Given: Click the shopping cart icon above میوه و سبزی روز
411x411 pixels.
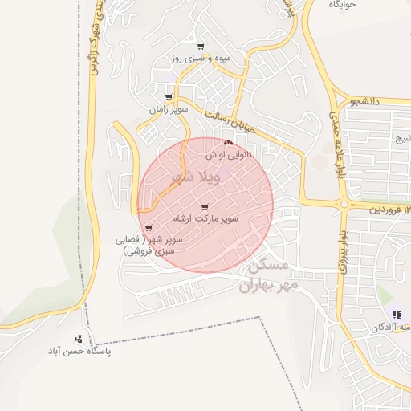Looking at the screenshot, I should pos(201,46).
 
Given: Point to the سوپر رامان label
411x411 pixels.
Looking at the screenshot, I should pos(168,108).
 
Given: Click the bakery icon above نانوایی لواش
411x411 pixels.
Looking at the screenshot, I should pos(228,141).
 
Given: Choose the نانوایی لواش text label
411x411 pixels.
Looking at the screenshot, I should pos(228,153).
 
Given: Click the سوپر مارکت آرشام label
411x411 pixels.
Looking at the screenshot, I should pos(204,218).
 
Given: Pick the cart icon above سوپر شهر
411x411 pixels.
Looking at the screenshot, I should pos(149,228).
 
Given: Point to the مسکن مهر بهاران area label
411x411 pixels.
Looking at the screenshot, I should pos(268,275).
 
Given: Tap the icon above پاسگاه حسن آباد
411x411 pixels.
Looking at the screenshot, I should pos(79,339).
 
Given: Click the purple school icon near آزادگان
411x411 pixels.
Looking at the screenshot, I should pos(397,314).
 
